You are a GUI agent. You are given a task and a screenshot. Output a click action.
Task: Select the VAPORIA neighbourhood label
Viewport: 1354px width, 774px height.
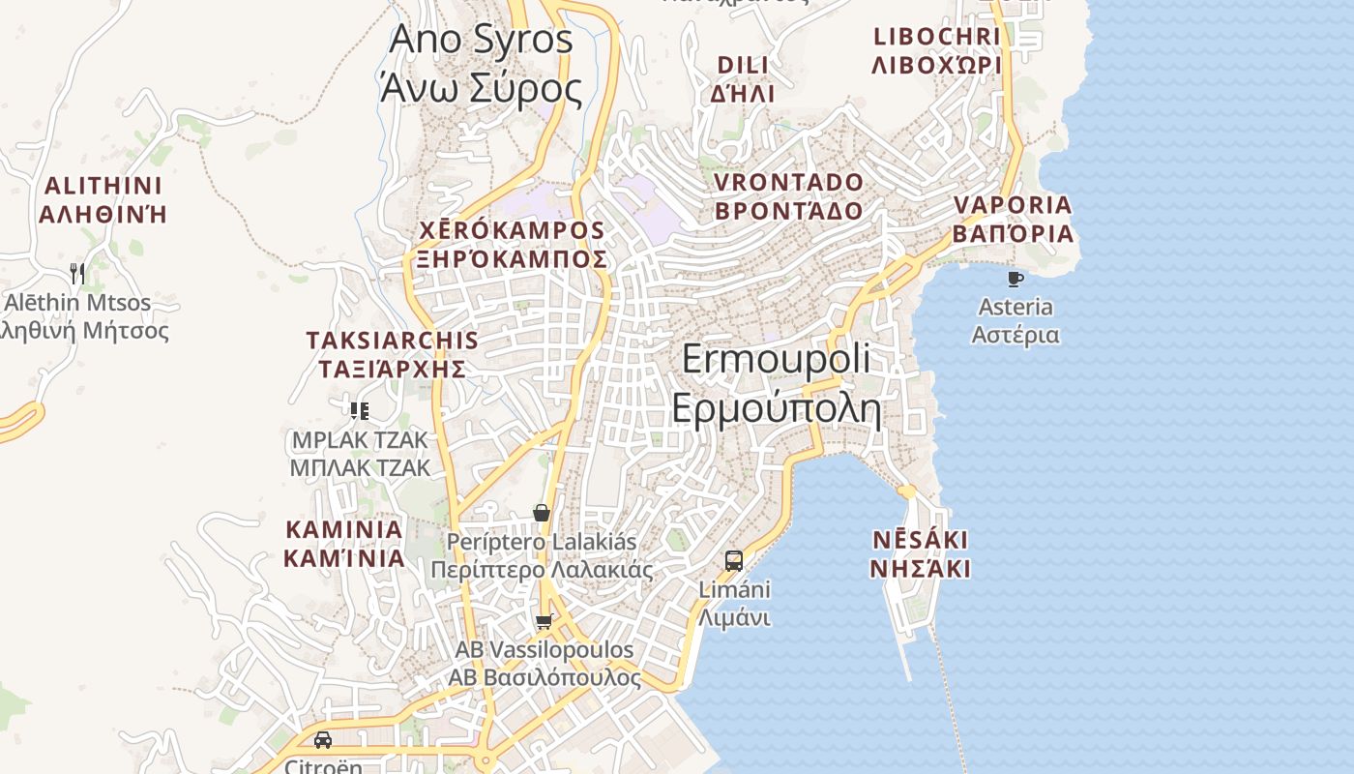[x=1013, y=219]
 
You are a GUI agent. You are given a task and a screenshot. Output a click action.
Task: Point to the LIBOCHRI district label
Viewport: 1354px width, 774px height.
[x=936, y=50]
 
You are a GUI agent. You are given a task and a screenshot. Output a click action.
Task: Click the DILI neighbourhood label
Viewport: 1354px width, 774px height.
[x=743, y=78]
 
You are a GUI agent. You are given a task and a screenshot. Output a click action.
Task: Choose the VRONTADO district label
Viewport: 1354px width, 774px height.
[x=788, y=195]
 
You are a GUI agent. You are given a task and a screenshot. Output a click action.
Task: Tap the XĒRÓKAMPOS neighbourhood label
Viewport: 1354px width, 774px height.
[x=512, y=245]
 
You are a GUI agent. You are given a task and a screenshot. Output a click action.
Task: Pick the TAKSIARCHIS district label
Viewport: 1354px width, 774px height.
[x=392, y=354]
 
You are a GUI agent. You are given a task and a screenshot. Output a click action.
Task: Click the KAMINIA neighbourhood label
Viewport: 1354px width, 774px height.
[x=343, y=544]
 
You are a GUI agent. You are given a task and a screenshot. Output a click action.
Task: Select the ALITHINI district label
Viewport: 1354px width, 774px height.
[x=103, y=199]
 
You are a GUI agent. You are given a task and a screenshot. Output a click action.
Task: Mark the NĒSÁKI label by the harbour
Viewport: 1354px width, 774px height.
[x=919, y=553]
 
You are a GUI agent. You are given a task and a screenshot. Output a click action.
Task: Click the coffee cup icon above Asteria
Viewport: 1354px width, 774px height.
[x=1015, y=279]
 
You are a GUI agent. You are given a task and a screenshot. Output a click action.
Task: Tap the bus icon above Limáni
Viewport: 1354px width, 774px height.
[x=734, y=560]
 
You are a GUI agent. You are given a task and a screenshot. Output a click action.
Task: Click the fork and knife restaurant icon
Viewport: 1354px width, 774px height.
[x=77, y=274]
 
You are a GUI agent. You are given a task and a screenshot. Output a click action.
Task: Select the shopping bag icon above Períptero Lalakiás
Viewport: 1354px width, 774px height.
[x=542, y=513]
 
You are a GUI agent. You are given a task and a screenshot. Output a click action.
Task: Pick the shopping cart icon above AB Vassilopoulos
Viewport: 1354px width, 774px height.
[x=544, y=621]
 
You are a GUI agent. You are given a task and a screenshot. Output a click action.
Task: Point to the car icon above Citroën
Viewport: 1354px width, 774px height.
[x=323, y=740]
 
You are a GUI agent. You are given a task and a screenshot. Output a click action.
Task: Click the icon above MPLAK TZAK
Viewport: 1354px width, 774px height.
[x=360, y=410]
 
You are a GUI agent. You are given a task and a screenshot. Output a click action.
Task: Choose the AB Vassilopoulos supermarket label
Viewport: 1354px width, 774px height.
[x=545, y=663]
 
